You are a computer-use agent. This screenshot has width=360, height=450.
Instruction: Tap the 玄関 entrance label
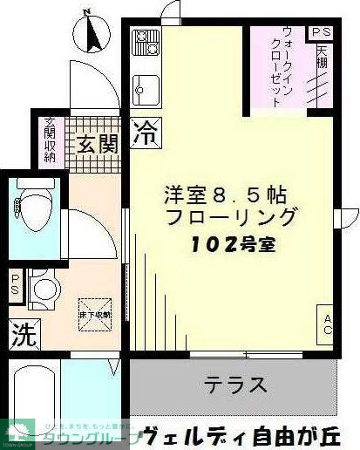(95, 143)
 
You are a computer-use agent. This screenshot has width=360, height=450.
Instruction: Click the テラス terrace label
(235, 385)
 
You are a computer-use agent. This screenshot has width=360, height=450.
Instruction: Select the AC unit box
(328, 324)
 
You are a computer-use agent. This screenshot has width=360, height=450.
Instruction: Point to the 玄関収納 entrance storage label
(49, 139)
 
